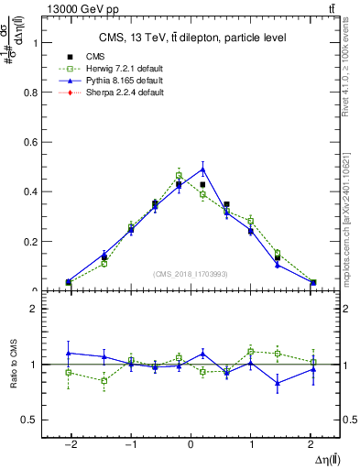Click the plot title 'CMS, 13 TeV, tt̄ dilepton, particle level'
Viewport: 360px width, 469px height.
click(191, 38)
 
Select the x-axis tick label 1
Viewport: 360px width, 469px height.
click(251, 444)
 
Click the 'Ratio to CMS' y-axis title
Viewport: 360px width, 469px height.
click(12, 365)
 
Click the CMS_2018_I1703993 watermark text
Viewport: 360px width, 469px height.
click(191, 274)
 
